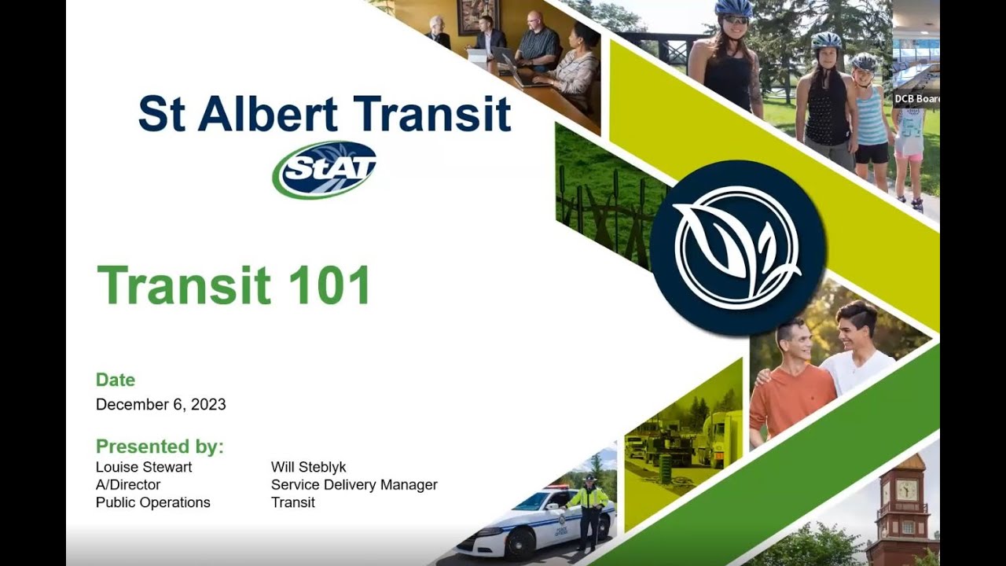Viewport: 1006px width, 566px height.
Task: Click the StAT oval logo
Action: click(325, 169)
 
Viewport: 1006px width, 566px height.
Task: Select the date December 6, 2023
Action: click(160, 405)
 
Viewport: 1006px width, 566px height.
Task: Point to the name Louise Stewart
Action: click(144, 467)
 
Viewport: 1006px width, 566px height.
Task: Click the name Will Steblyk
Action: click(308, 467)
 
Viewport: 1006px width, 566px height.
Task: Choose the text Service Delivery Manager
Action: click(354, 485)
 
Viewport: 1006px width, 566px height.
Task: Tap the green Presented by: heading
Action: click(160, 447)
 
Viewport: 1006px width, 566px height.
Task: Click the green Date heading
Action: click(116, 380)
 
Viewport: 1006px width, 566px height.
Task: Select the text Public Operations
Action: click(152, 502)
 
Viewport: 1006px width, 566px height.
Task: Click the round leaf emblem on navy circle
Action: click(736, 247)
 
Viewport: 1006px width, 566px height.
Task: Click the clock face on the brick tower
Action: click(906, 491)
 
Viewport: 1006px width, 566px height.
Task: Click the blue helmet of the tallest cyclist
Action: click(733, 8)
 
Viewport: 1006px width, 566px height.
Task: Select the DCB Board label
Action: click(916, 99)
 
